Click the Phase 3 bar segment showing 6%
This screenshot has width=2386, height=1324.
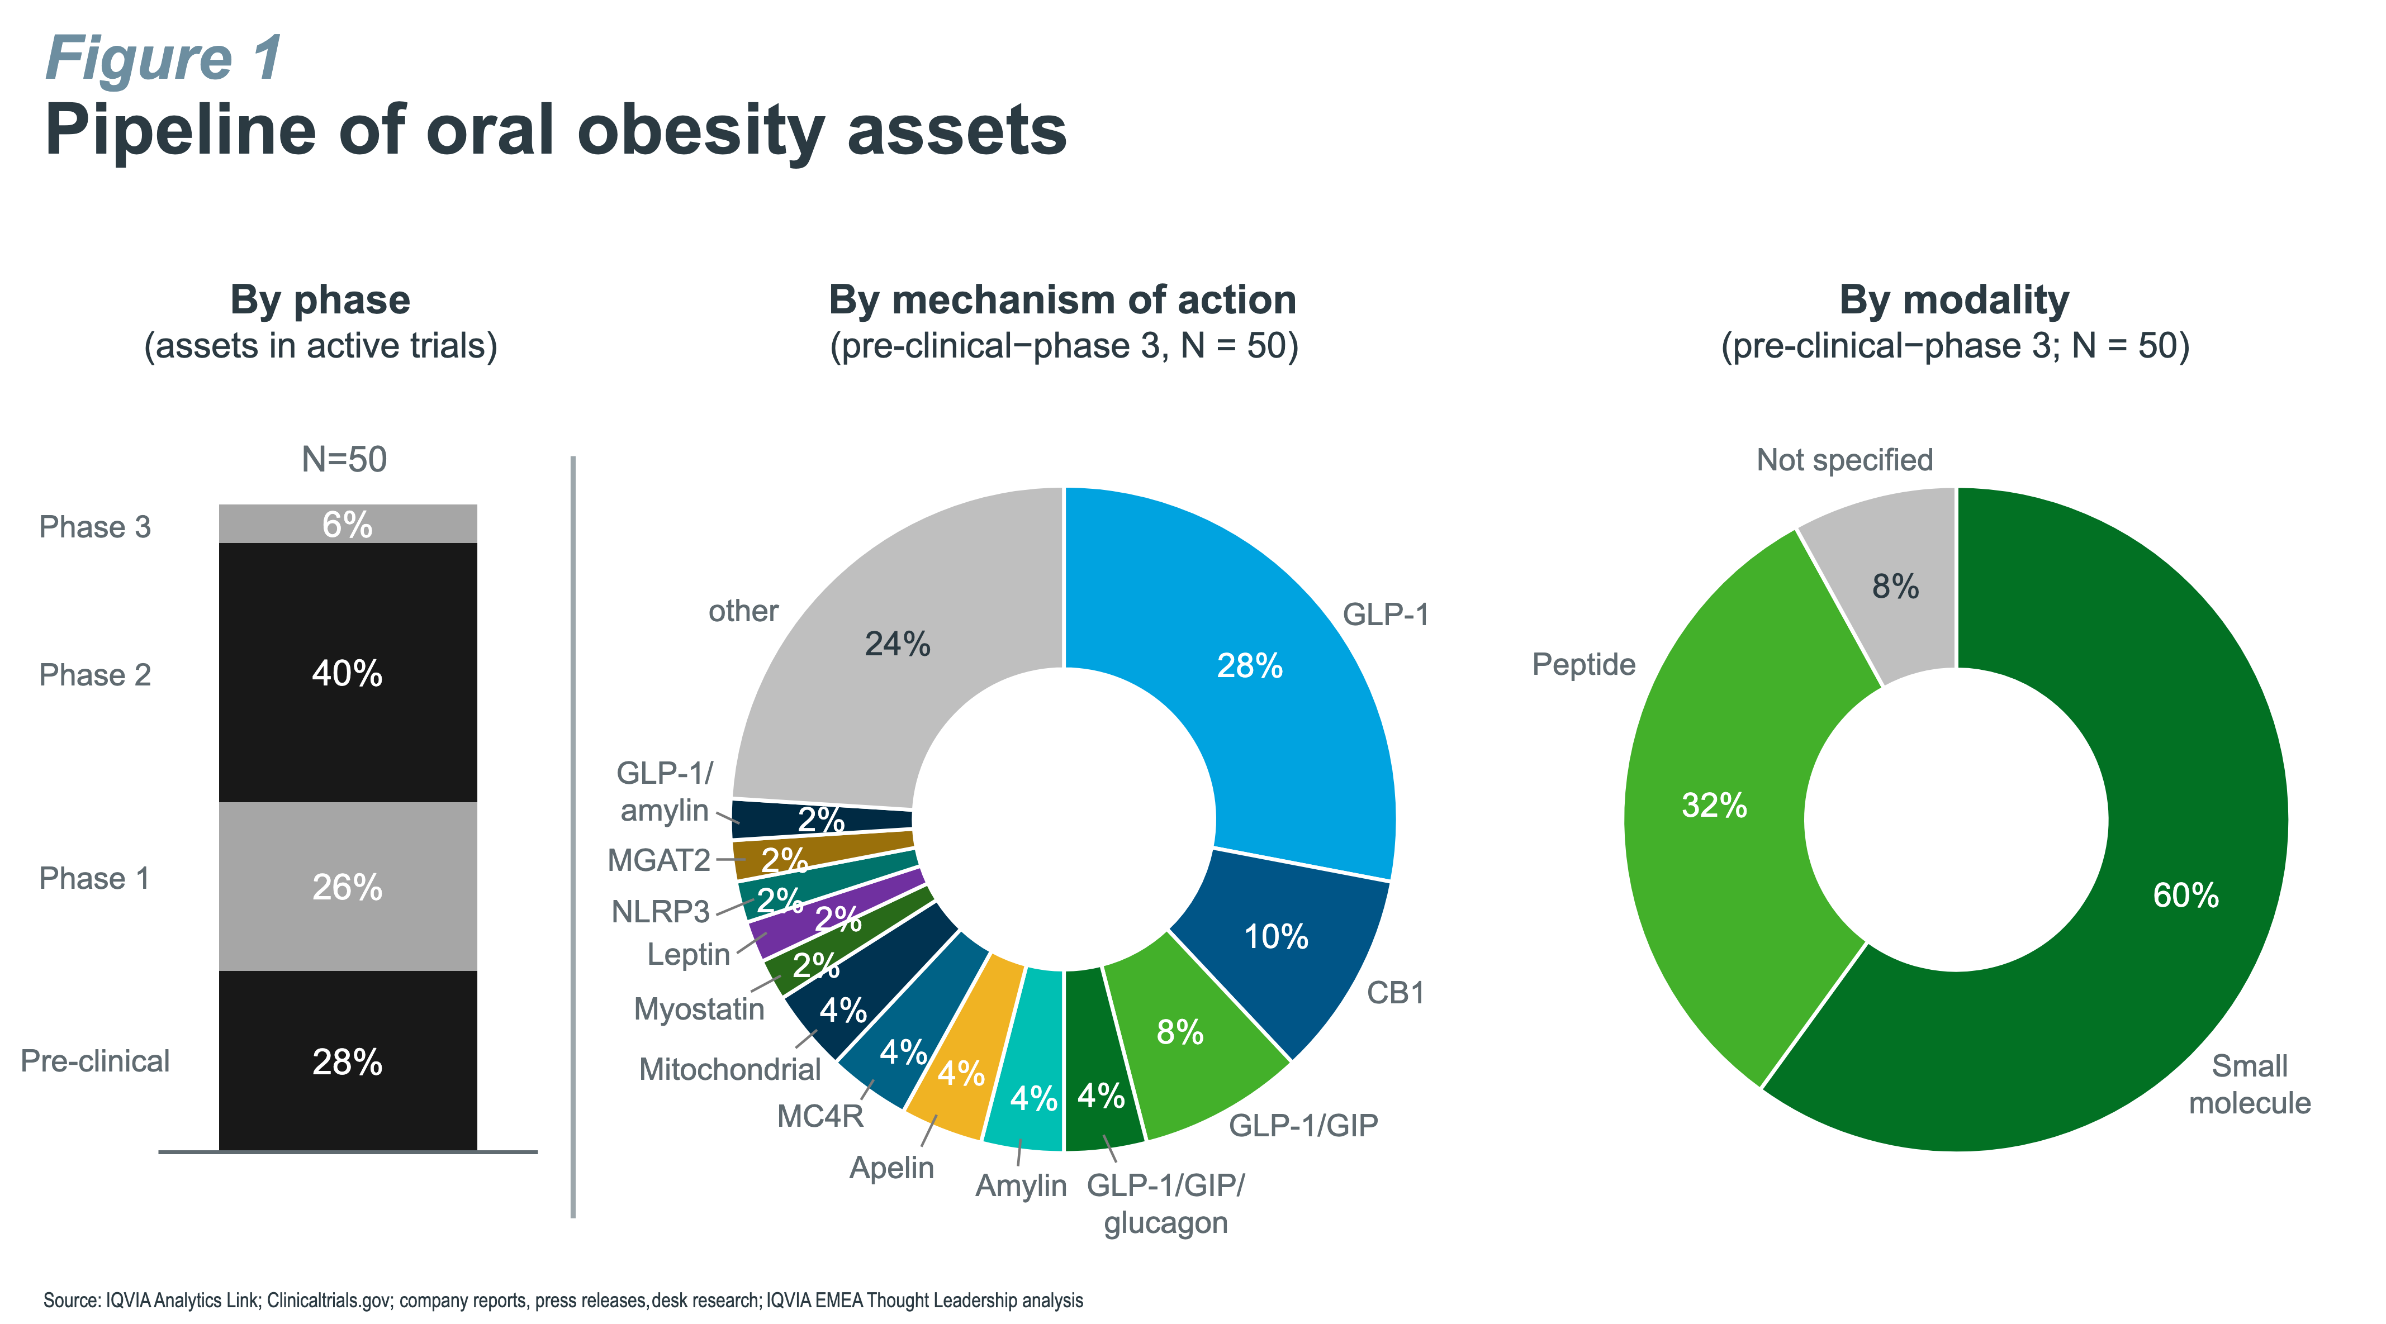(x=347, y=524)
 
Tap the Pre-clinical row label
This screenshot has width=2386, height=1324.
(x=96, y=1061)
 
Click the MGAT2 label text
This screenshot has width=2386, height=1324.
(x=658, y=861)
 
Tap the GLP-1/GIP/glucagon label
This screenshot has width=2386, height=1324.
(x=1165, y=1204)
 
